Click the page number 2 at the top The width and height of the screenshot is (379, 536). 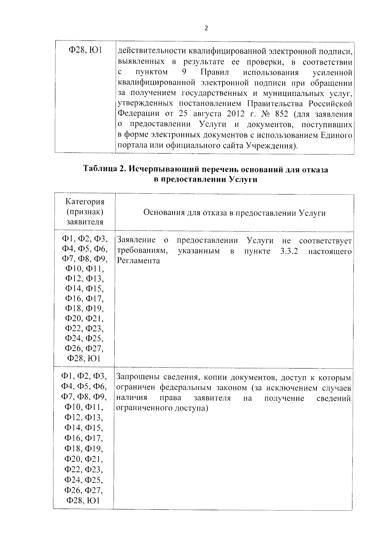206,28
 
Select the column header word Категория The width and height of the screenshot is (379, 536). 85,202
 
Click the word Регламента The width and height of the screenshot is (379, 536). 138,261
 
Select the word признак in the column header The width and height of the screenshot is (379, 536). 85,212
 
